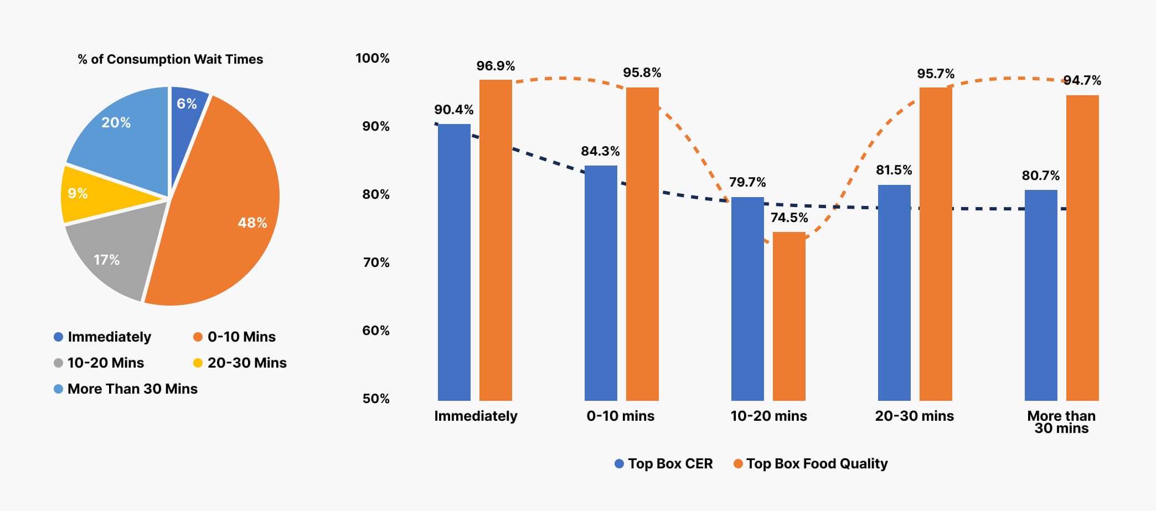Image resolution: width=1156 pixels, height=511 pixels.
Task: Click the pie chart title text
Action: click(x=170, y=59)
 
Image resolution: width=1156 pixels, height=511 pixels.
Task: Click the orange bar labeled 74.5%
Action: click(x=789, y=316)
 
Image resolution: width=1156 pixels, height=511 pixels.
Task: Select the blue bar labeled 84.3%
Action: click(x=601, y=282)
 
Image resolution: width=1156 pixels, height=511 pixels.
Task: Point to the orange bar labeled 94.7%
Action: click(x=1082, y=249)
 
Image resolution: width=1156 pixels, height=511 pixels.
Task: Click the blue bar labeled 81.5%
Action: click(x=894, y=293)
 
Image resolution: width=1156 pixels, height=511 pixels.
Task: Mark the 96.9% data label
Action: click(x=496, y=66)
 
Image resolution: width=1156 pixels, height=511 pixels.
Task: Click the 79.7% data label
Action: click(x=747, y=182)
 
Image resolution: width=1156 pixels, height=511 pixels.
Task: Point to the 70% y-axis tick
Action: click(x=376, y=262)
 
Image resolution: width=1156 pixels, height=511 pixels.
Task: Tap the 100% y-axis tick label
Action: click(x=373, y=58)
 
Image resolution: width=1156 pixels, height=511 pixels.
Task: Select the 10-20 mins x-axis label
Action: click(x=768, y=416)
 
